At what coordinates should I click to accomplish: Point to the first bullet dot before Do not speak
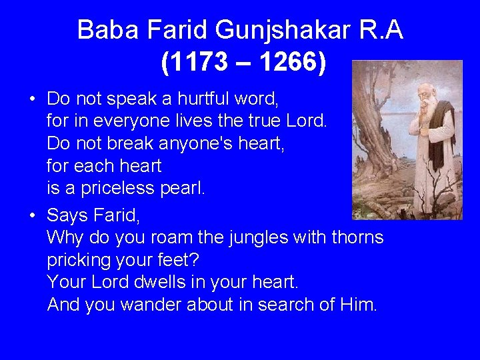[x=32, y=100]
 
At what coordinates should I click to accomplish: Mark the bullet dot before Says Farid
[x=32, y=216]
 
